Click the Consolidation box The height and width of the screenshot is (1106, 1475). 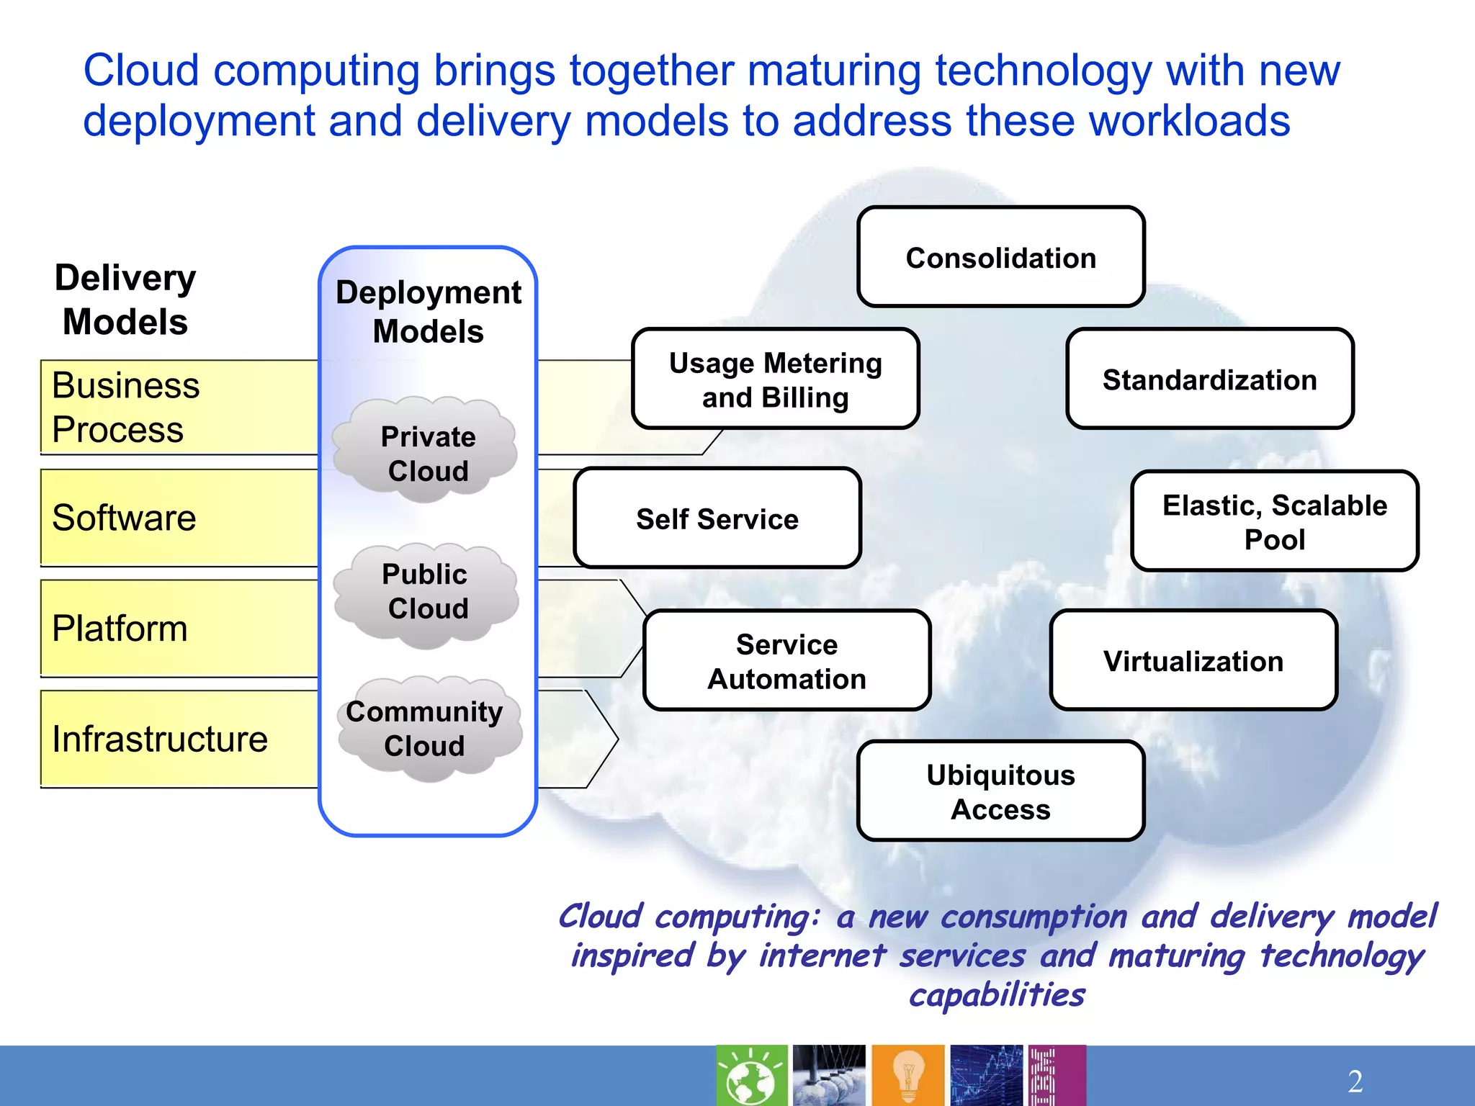pyautogui.click(x=1000, y=257)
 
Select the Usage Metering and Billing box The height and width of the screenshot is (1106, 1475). pyautogui.click(x=775, y=379)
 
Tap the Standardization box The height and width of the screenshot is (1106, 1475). pyautogui.click(x=1209, y=379)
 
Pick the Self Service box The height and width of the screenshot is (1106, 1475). pyautogui.click(x=717, y=518)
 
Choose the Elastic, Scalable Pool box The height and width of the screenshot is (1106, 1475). pyautogui.click(x=1274, y=521)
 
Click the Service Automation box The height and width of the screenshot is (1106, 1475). pyautogui.click(x=786, y=661)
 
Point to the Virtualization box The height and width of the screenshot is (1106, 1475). pyautogui.click(x=1193, y=661)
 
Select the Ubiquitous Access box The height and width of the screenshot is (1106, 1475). pyautogui.click(x=1000, y=791)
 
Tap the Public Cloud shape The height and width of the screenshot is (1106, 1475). pyautogui.click(x=426, y=592)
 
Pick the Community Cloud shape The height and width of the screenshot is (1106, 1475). pyautogui.click(x=426, y=728)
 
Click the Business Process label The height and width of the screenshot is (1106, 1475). pyautogui.click(x=126, y=407)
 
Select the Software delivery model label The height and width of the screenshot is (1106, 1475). pyautogui.click(x=125, y=518)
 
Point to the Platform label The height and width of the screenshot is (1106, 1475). pyautogui.click(x=120, y=629)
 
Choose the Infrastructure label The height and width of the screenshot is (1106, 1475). pyautogui.click(x=160, y=739)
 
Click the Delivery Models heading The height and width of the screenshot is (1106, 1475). pyautogui.click(x=125, y=299)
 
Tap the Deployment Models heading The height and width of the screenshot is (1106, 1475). pyautogui.click(x=429, y=311)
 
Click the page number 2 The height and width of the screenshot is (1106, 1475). pyautogui.click(x=1355, y=1081)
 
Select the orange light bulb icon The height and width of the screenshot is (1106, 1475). pyautogui.click(x=907, y=1075)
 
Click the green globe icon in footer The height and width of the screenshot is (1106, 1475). pyautogui.click(x=751, y=1075)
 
